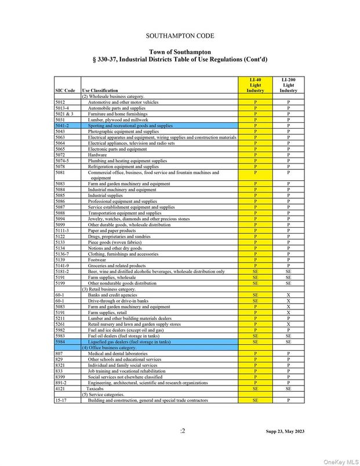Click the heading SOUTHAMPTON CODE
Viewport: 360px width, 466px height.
(180, 36)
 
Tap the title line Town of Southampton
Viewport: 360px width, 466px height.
(180, 52)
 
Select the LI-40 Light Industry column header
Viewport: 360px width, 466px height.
(255, 85)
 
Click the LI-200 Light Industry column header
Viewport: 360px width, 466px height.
(288, 85)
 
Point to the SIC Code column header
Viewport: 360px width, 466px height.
(65, 91)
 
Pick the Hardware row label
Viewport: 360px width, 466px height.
(97, 155)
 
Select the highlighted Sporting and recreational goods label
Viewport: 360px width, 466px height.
(130, 125)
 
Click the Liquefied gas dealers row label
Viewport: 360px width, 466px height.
(130, 342)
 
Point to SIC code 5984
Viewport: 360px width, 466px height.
(61, 342)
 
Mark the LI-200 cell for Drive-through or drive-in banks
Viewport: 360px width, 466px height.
(288, 301)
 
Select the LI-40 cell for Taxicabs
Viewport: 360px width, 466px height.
(255, 389)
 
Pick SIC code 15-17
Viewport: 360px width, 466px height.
(61, 401)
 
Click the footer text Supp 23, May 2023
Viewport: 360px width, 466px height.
(285, 431)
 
